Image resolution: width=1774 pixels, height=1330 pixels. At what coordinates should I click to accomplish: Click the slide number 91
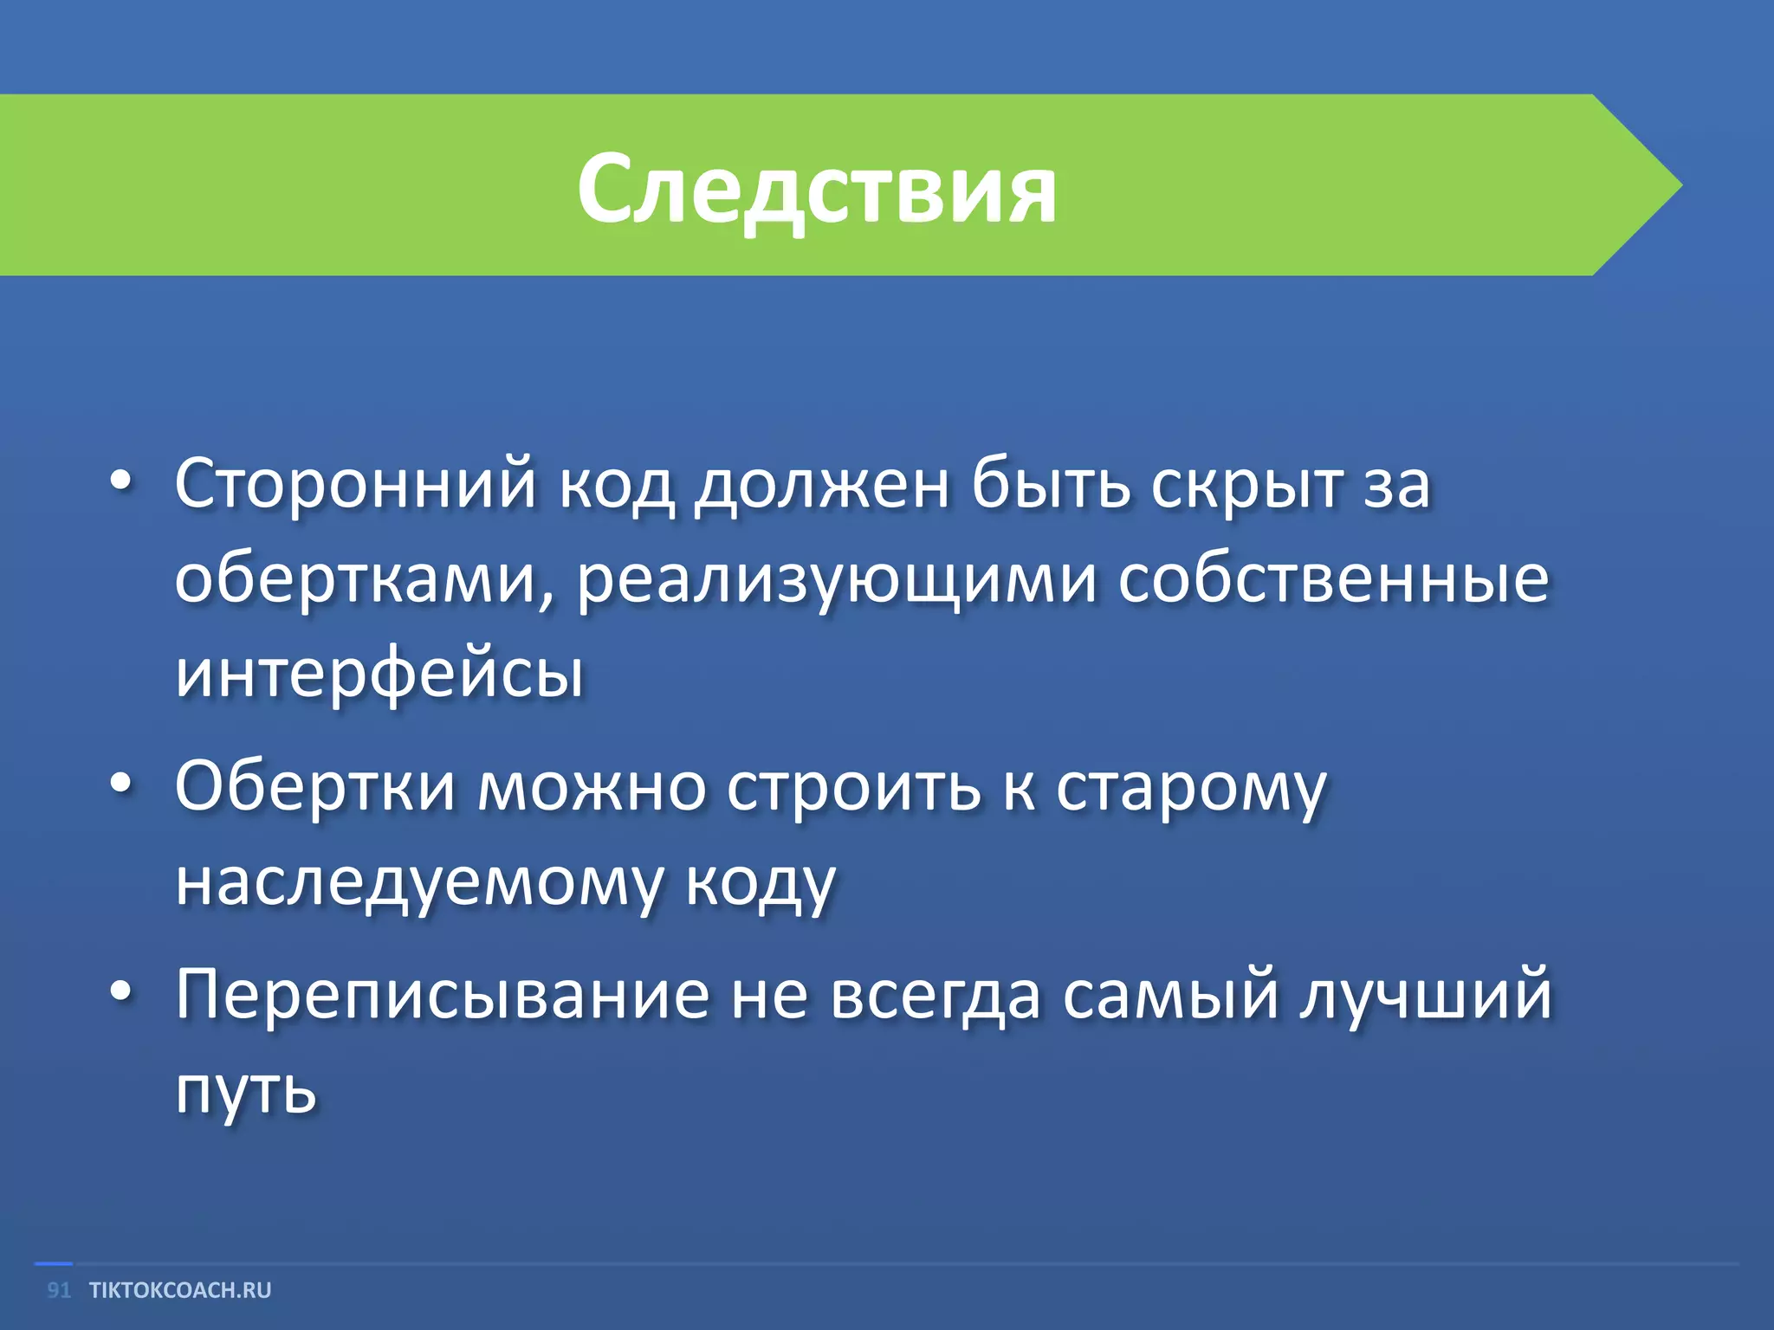click(58, 1290)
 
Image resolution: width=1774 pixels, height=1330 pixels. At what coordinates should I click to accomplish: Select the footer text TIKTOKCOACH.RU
click(180, 1290)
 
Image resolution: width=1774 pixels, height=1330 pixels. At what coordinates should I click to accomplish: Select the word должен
click(822, 485)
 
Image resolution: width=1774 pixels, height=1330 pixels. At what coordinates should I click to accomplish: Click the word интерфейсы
click(379, 674)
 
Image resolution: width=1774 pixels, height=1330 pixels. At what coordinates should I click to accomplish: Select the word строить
click(853, 786)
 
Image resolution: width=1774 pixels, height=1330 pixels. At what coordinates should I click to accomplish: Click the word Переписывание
click(442, 995)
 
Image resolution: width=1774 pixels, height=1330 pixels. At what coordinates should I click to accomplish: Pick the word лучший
click(1424, 995)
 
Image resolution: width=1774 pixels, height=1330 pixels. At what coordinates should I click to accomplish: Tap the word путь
click(245, 1089)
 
